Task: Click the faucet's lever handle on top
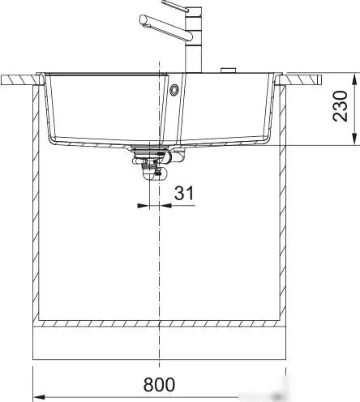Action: click(179, 6)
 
